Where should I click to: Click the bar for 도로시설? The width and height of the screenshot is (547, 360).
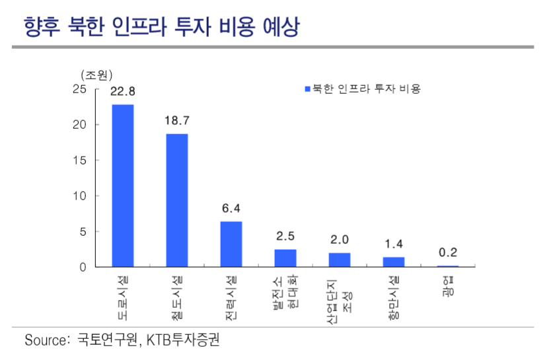(x=123, y=186)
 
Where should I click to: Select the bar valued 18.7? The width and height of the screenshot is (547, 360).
(x=177, y=200)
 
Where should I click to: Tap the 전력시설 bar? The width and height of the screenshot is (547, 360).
(x=231, y=244)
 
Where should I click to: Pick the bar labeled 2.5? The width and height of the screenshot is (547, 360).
(x=285, y=258)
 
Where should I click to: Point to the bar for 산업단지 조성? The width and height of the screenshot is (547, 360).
(x=340, y=260)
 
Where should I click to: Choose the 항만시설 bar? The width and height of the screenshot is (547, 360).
(x=394, y=262)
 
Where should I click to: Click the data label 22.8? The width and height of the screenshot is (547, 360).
(x=123, y=91)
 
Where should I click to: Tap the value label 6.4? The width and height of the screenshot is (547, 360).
(x=231, y=208)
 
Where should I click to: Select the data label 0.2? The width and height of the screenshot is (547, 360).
(x=448, y=252)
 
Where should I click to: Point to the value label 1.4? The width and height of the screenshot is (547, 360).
(x=394, y=244)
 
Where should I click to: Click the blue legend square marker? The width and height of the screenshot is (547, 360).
(x=307, y=89)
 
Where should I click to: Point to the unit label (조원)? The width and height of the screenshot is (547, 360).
(x=96, y=75)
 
